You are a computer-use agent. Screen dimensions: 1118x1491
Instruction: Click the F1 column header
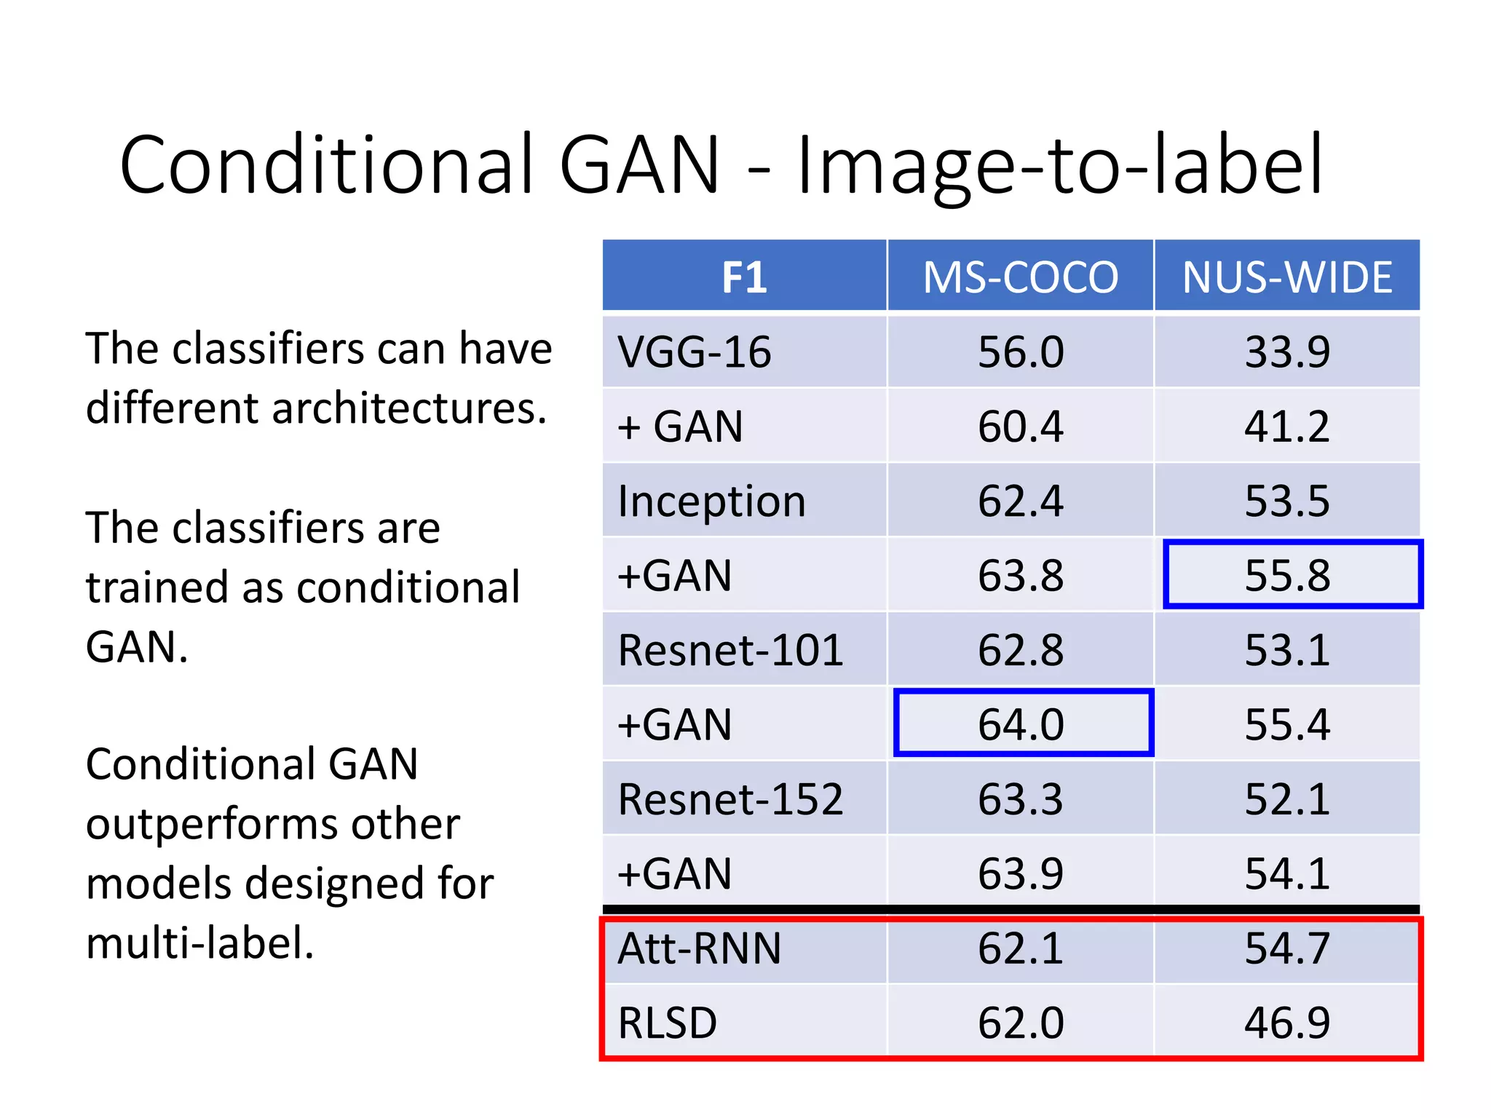pos(744,277)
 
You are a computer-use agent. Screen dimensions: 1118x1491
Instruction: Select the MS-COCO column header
pos(1020,277)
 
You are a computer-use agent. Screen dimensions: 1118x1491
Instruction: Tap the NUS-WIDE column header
pos(1286,277)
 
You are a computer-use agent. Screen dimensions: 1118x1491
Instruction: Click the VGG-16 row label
pos(694,352)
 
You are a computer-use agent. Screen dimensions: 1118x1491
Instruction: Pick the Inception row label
pos(711,501)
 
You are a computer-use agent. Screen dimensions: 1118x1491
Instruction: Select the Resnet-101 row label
pos(730,650)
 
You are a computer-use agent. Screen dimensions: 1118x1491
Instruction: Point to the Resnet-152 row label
pos(730,799)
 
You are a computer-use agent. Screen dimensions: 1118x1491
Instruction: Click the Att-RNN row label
pos(699,948)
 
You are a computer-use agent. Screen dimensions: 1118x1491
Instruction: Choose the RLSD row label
pos(667,1023)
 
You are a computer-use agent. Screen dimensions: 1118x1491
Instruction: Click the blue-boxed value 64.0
pos(1021,725)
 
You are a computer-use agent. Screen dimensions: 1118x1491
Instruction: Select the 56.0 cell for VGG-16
pos(1021,352)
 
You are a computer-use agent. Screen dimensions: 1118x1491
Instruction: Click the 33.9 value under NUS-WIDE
pos(1287,352)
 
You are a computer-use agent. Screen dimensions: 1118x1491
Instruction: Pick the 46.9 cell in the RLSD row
pos(1287,1023)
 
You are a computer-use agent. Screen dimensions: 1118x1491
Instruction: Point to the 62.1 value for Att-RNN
pos(1021,948)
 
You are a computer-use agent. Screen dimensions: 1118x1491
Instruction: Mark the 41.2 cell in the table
pos(1287,427)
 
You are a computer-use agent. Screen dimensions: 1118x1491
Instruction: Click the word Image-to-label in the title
pos(1059,166)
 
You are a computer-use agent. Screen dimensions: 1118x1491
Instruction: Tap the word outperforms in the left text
pos(273,824)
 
